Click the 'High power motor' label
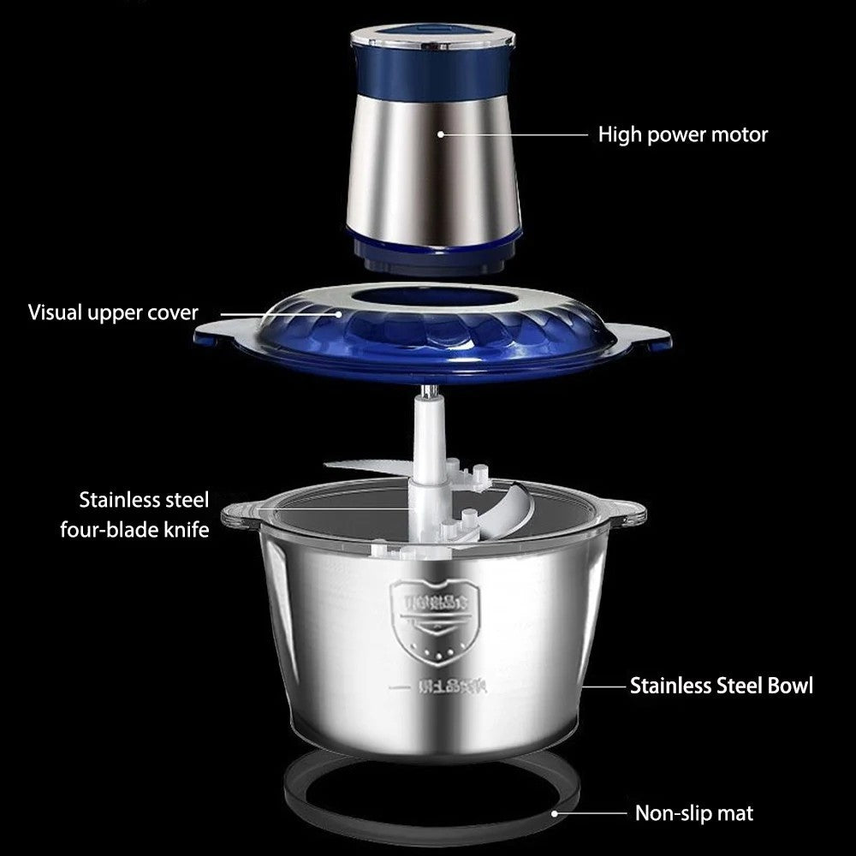[x=682, y=134]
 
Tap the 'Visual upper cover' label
[x=113, y=312]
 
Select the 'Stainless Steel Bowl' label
[x=721, y=686]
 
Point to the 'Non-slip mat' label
[x=693, y=812]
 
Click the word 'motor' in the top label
[x=743, y=134]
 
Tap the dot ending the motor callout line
[x=442, y=134]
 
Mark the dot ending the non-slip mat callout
[x=555, y=812]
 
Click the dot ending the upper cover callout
[x=340, y=313]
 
